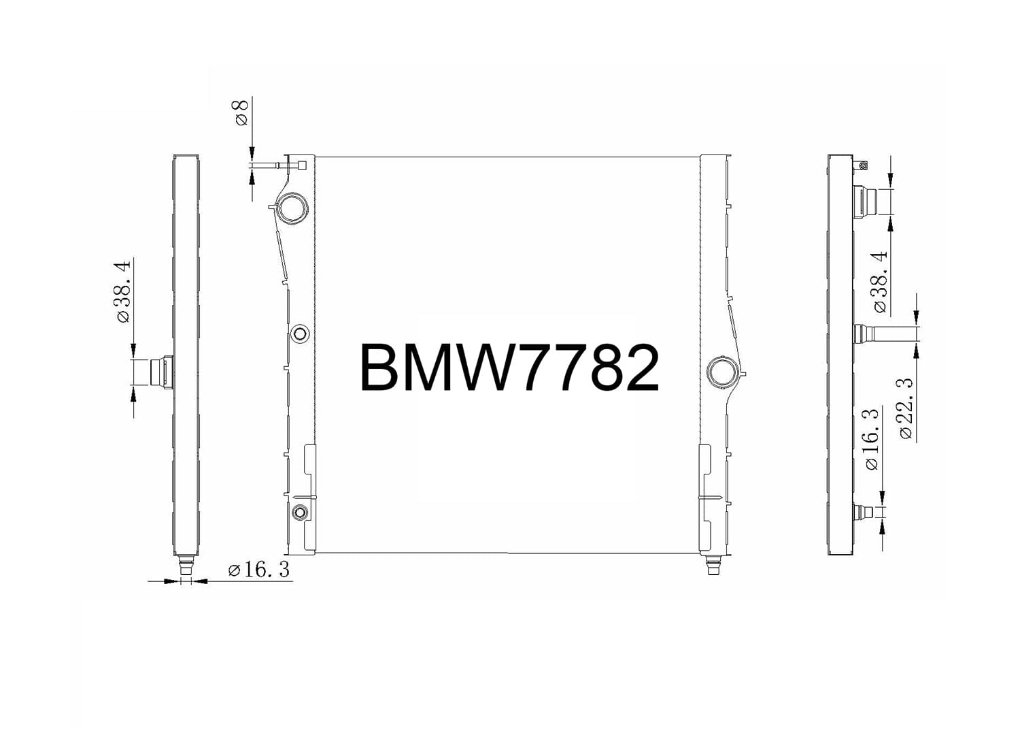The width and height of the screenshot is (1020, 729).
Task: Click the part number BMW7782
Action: click(509, 368)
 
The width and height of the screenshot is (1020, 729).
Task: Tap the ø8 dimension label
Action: click(241, 112)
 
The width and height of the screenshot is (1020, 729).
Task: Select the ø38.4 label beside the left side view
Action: click(124, 291)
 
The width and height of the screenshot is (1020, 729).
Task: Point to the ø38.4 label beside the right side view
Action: click(879, 282)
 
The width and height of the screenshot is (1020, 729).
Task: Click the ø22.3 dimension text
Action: click(906, 409)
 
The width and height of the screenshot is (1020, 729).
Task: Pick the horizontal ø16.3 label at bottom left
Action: click(259, 570)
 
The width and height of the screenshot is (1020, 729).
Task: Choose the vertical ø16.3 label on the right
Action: click(871, 439)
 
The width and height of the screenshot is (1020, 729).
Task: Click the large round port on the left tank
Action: click(292, 208)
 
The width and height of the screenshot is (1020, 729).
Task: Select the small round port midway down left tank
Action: click(300, 334)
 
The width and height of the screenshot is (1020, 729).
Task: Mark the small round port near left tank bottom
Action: click(300, 512)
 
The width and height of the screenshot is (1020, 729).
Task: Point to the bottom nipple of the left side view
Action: click(184, 564)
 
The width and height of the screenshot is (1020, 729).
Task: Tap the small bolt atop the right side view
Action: click(863, 165)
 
